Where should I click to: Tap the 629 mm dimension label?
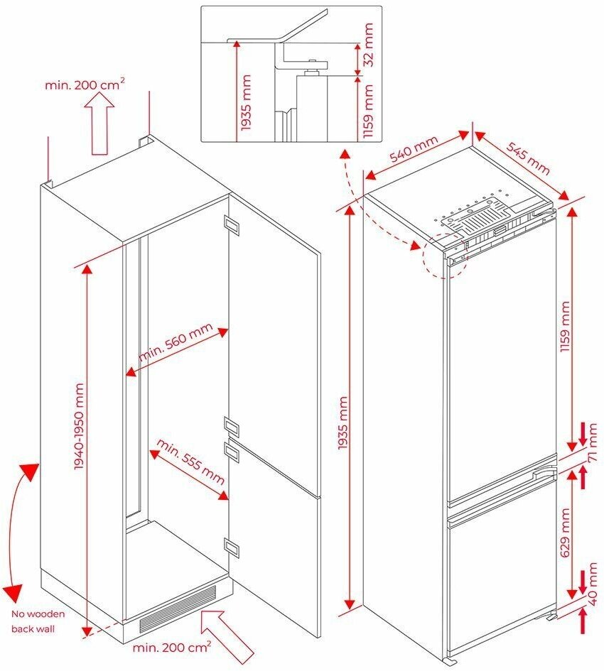(x=566, y=532)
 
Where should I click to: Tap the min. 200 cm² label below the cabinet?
(x=171, y=648)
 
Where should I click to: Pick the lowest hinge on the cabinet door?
(x=232, y=545)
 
